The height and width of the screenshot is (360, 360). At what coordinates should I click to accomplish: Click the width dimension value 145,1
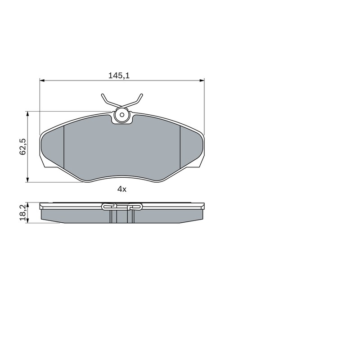(119, 76)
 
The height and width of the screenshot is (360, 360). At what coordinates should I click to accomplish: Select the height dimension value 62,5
(23, 147)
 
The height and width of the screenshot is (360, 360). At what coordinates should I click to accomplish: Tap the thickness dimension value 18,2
(23, 213)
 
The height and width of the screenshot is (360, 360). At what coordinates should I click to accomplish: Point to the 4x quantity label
(122, 189)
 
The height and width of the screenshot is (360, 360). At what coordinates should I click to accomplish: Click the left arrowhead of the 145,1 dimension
(42, 81)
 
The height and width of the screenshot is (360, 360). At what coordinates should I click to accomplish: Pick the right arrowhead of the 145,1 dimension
(202, 81)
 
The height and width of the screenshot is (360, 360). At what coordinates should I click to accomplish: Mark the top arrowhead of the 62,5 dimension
(28, 114)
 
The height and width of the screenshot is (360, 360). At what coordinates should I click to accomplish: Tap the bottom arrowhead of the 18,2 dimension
(28, 220)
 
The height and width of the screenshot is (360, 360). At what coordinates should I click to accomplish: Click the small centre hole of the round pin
(122, 115)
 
